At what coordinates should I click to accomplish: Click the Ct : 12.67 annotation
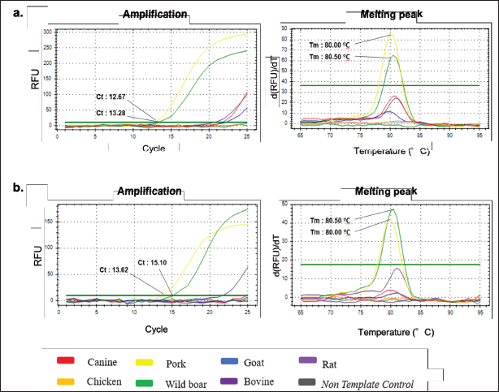[111, 97]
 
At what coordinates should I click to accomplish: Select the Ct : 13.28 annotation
[111, 112]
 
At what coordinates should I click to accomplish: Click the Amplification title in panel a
[154, 15]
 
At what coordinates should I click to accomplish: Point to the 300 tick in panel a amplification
[47, 32]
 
